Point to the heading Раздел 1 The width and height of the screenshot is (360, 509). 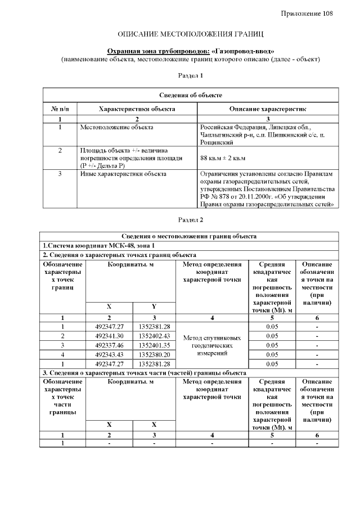point(190,74)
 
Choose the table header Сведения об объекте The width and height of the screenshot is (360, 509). point(190,95)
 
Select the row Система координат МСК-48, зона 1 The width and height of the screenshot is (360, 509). point(99,246)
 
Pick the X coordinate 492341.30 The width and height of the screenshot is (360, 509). point(109,336)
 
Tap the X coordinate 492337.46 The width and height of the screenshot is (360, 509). point(109,345)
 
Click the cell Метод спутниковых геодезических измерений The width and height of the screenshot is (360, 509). point(212,345)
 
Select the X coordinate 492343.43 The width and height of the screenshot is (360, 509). point(109,354)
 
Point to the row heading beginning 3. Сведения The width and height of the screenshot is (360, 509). point(144,373)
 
